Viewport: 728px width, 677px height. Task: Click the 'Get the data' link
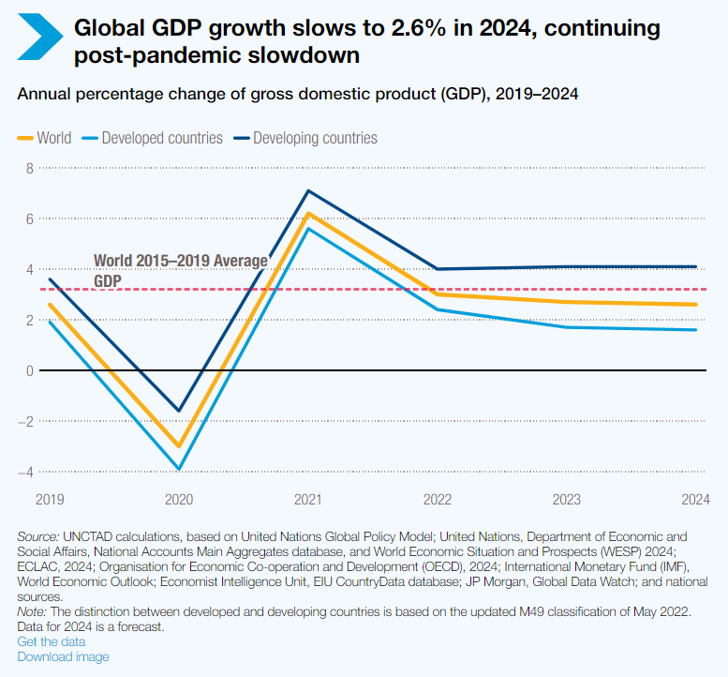(x=52, y=641)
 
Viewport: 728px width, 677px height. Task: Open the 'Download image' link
(x=63, y=656)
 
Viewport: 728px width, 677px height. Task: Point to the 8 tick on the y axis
(x=29, y=169)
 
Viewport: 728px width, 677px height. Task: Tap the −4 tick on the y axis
(x=26, y=472)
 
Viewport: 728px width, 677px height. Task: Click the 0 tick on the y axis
(x=29, y=370)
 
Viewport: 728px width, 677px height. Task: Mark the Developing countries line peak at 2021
(x=308, y=191)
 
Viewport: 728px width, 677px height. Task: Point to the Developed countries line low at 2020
(x=179, y=469)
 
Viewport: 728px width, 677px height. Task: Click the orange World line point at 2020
(x=179, y=446)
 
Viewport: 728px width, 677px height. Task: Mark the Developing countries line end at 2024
(x=696, y=267)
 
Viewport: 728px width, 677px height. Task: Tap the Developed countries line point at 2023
(x=567, y=327)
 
